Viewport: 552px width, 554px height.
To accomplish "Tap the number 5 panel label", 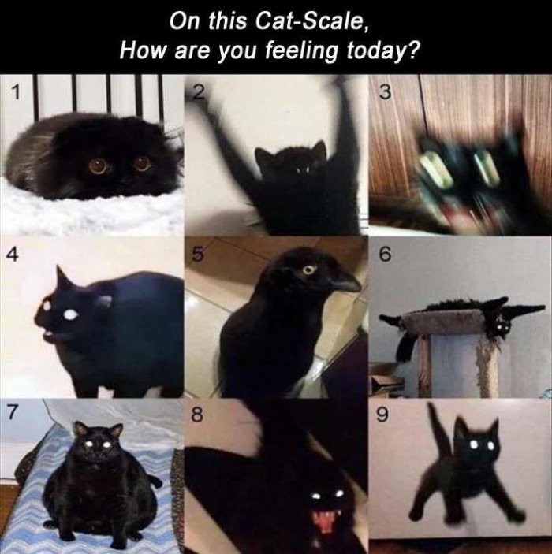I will [x=199, y=255].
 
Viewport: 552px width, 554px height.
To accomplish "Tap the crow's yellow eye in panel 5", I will [x=308, y=270].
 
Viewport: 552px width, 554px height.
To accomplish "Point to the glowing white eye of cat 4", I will [x=70, y=314].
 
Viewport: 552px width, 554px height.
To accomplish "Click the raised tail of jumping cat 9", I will [x=437, y=429].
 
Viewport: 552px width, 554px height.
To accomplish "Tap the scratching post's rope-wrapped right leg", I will [x=487, y=367].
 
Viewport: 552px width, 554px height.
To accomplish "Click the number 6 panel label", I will [x=384, y=255].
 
